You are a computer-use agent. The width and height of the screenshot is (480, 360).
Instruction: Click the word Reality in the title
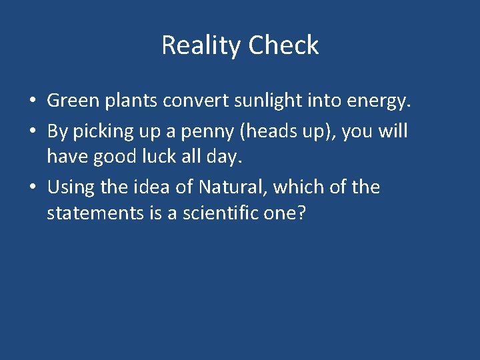coord(202,46)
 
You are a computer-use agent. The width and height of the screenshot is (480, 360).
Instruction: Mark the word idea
coord(154,187)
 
